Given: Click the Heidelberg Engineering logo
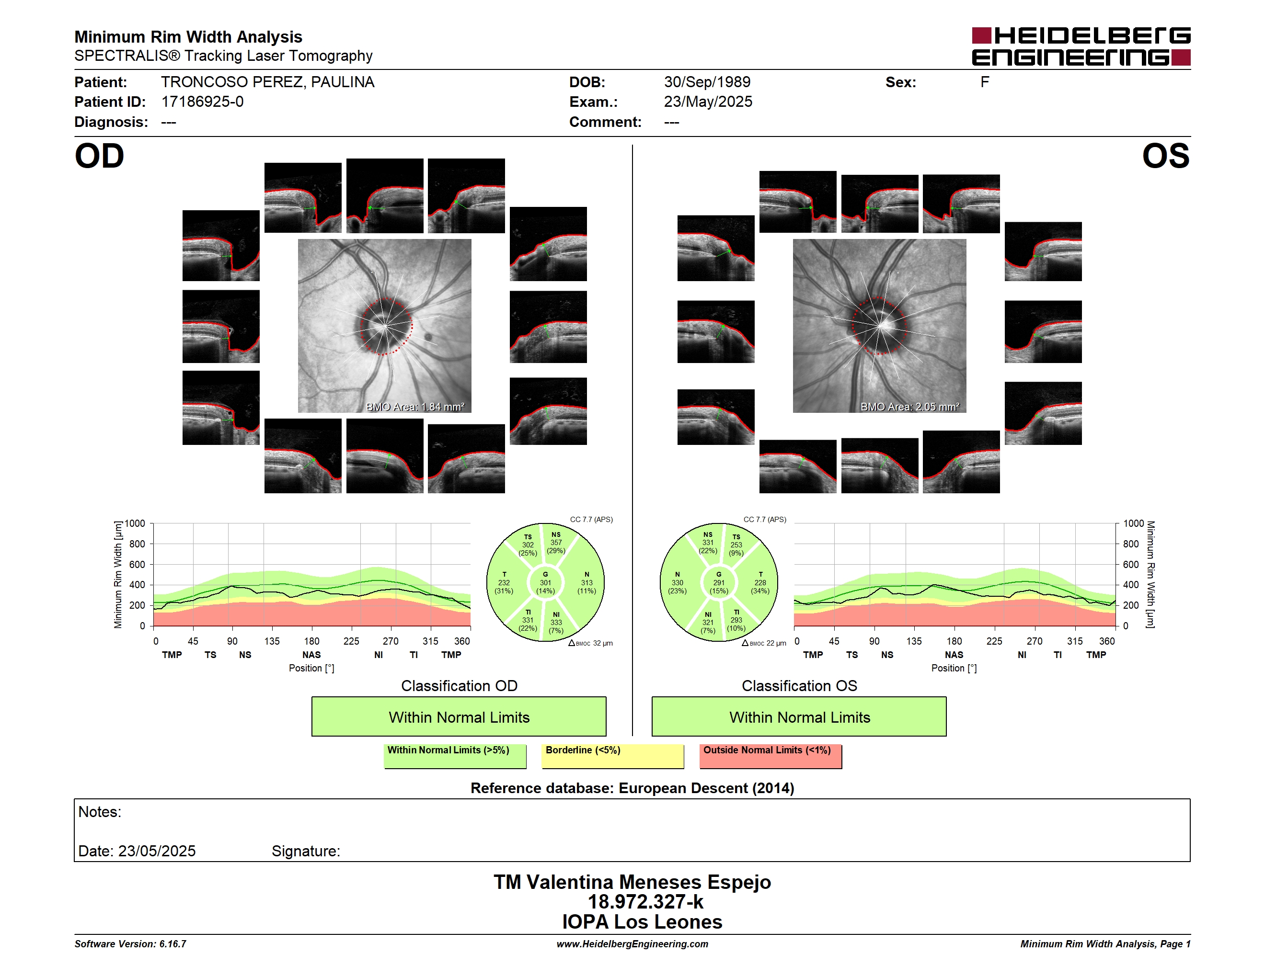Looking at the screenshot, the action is [1081, 46].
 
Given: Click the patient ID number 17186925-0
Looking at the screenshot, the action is [202, 102].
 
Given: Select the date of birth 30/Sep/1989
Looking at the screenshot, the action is [707, 82].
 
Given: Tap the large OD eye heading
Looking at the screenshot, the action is [100, 156].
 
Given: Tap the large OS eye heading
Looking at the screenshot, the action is [1165, 156].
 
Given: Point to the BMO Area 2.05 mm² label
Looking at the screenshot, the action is [910, 407].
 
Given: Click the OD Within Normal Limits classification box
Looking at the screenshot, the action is [459, 716].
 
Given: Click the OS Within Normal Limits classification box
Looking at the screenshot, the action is [799, 716].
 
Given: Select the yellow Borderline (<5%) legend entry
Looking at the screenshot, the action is [613, 756].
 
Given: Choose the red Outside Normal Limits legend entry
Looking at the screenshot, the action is [770, 756].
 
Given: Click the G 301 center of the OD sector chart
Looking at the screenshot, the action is [545, 583].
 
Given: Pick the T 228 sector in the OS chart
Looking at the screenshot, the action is [760, 583].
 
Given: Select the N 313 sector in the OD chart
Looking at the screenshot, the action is [587, 583].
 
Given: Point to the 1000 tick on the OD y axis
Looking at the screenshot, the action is [134, 523].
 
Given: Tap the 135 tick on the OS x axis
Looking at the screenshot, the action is [914, 641].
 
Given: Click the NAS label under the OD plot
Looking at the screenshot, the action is [311, 655].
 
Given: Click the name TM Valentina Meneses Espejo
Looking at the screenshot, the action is [632, 882].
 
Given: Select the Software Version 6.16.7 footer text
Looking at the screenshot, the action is [130, 944].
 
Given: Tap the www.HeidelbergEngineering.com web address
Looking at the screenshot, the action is [632, 944].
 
